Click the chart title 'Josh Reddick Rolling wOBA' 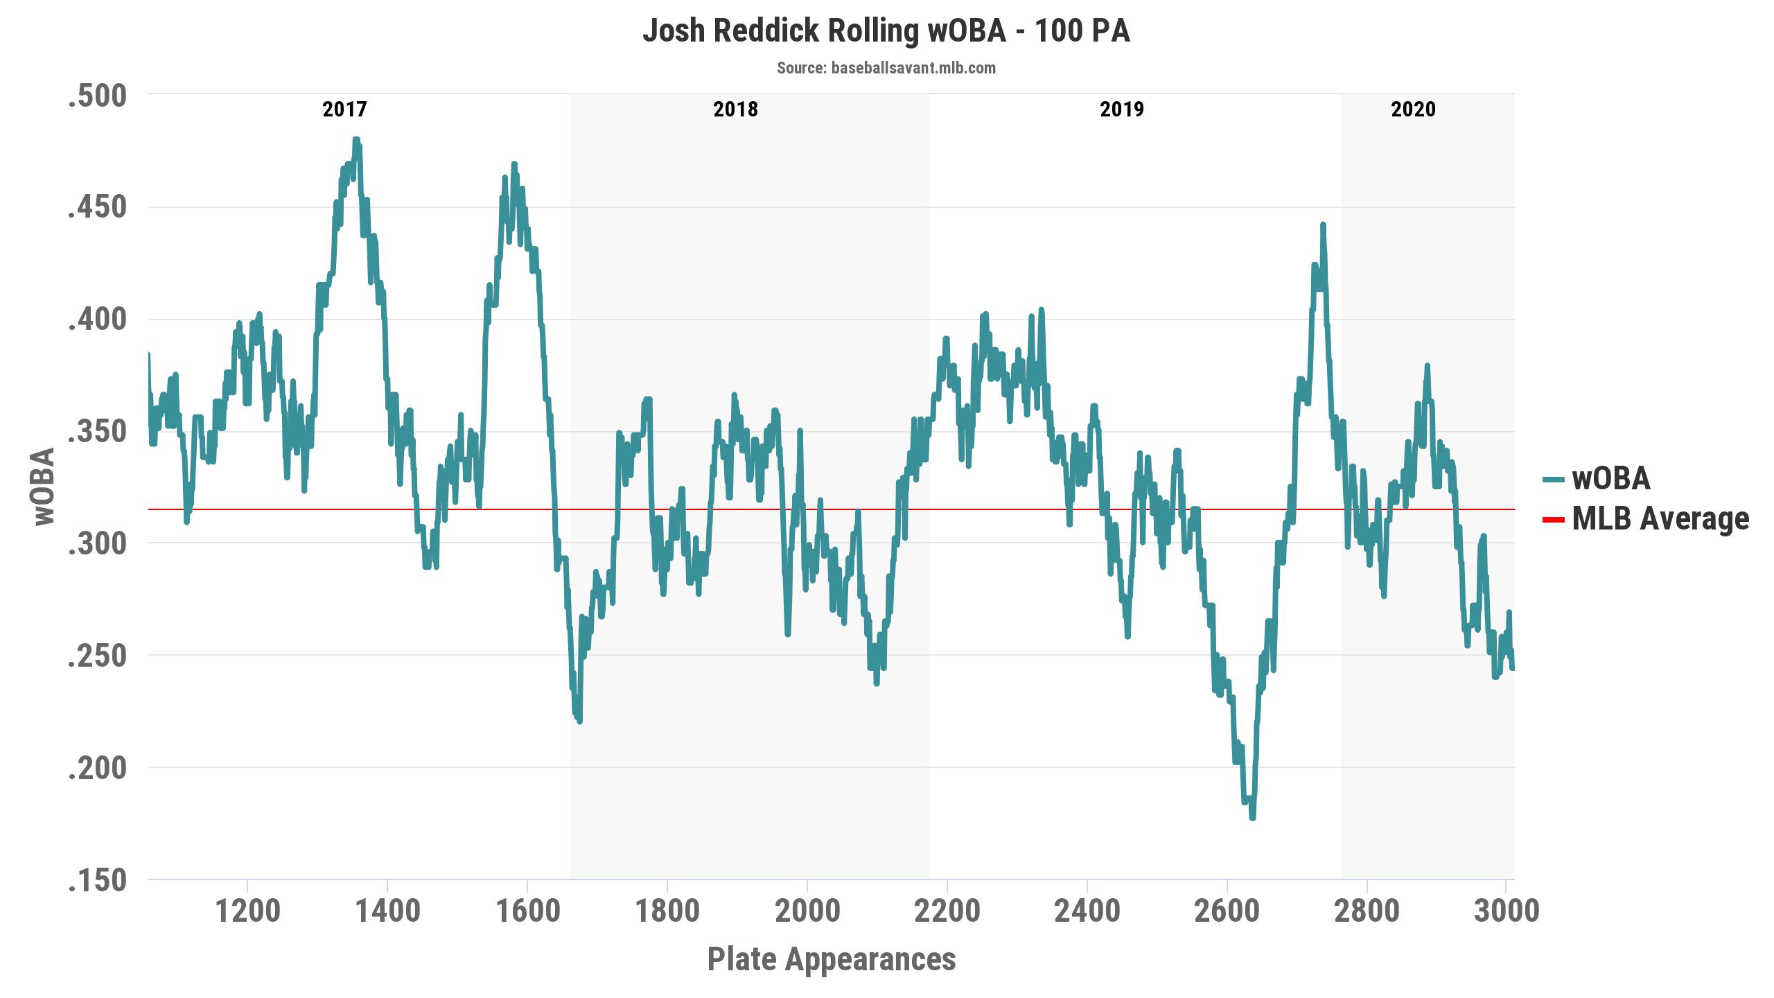click(824, 32)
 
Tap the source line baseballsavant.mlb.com click(886, 68)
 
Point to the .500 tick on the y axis click(98, 96)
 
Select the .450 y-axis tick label click(98, 208)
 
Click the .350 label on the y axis click(98, 432)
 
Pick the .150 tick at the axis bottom click(98, 880)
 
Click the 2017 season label click(344, 110)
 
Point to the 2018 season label click(736, 110)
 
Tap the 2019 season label click(1122, 110)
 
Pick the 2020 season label click(1414, 110)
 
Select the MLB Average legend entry click(1646, 519)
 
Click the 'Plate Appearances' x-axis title click(832, 959)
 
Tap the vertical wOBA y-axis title click(44, 487)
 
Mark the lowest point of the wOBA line click(1252, 818)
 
